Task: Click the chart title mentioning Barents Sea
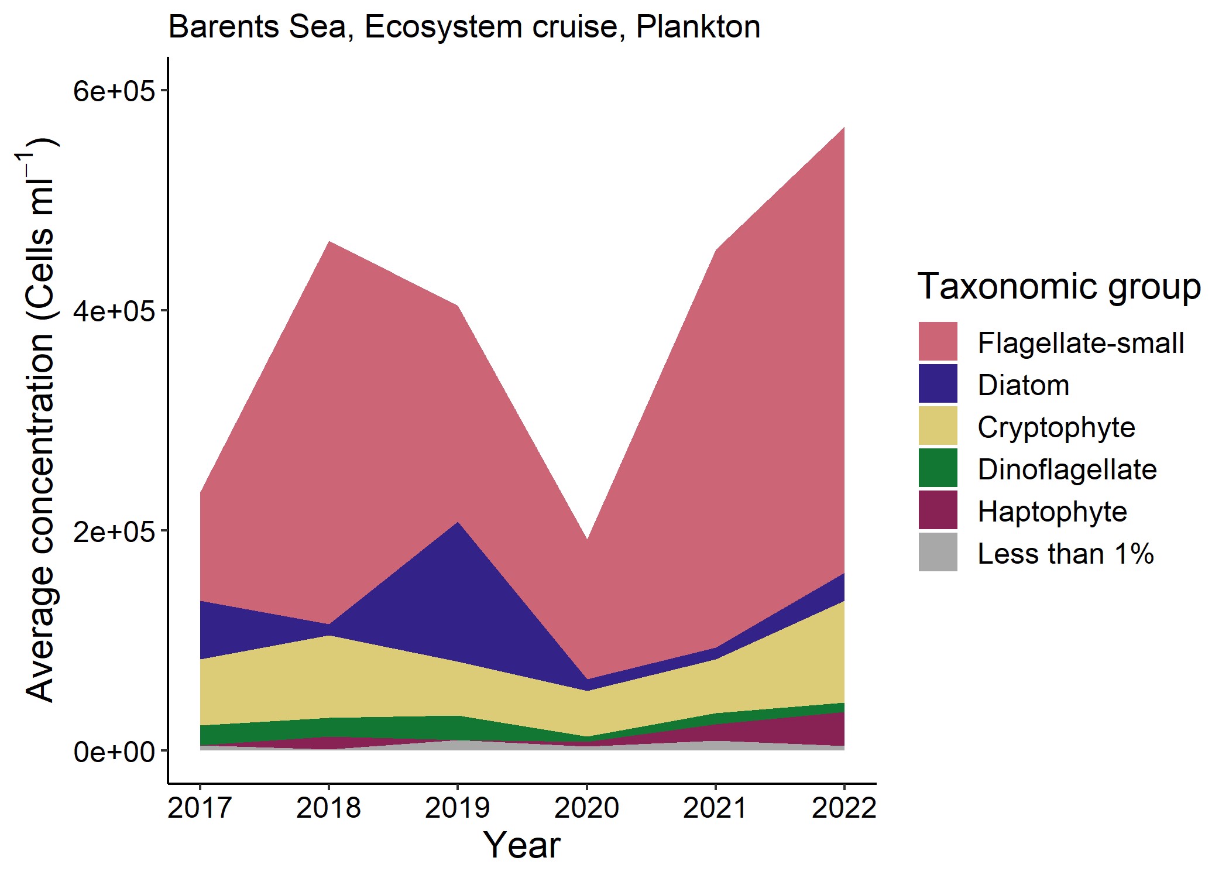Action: pyautogui.click(x=464, y=27)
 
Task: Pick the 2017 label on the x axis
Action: pyautogui.click(x=200, y=808)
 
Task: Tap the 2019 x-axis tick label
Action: pyautogui.click(x=457, y=808)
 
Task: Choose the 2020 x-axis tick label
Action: pyautogui.click(x=586, y=808)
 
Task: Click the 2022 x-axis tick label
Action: pyautogui.click(x=844, y=808)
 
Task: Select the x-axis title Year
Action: pyautogui.click(x=521, y=845)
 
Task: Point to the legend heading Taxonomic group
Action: pyautogui.click(x=1059, y=287)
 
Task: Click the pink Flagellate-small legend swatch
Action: pyautogui.click(x=938, y=341)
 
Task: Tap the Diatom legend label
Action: pyautogui.click(x=1023, y=385)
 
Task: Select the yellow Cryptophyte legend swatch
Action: pyautogui.click(x=938, y=426)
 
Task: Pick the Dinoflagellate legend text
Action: pyautogui.click(x=1066, y=469)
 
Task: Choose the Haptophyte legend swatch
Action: pyautogui.click(x=938, y=510)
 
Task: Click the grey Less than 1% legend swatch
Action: pyautogui.click(x=938, y=552)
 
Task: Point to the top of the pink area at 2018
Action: pyautogui.click(x=329, y=243)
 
